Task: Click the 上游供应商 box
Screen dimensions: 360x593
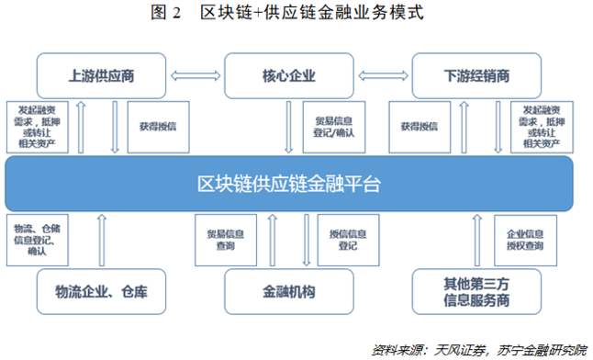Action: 101,75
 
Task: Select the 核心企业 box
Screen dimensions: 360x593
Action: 289,75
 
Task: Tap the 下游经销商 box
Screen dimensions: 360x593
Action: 476,75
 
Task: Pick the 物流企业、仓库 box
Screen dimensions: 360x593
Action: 101,293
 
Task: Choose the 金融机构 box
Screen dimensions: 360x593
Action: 289,293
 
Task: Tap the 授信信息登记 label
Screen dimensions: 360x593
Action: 345,241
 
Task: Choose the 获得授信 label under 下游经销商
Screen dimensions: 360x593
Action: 419,127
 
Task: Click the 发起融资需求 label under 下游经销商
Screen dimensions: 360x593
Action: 540,127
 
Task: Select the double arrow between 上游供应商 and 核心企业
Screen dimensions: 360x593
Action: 196,75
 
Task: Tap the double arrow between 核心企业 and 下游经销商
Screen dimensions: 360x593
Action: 383,75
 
